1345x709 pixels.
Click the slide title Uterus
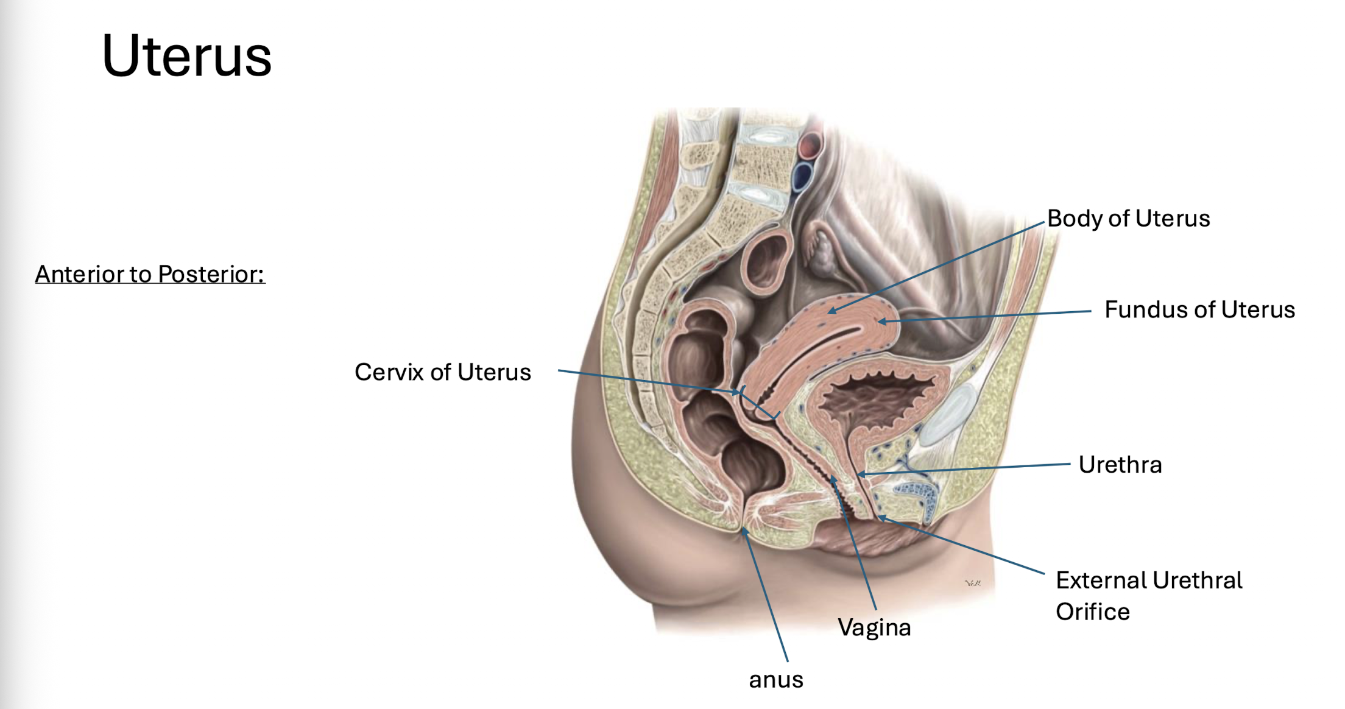pyautogui.click(x=186, y=56)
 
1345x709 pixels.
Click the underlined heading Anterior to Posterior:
pyautogui.click(x=150, y=274)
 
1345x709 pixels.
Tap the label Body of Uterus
pyautogui.click(x=1128, y=218)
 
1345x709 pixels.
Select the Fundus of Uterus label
pyautogui.click(x=1199, y=309)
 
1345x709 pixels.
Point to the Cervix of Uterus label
pyautogui.click(x=443, y=372)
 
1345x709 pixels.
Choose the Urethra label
pyautogui.click(x=1120, y=464)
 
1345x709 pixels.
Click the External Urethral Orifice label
pyautogui.click(x=1148, y=595)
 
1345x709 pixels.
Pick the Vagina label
pyautogui.click(x=874, y=627)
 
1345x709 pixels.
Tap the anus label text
pyautogui.click(x=775, y=679)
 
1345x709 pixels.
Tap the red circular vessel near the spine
pyautogui.click(x=810, y=146)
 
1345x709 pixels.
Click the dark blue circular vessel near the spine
pyautogui.click(x=802, y=177)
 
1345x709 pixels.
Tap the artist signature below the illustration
pyautogui.click(x=973, y=583)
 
